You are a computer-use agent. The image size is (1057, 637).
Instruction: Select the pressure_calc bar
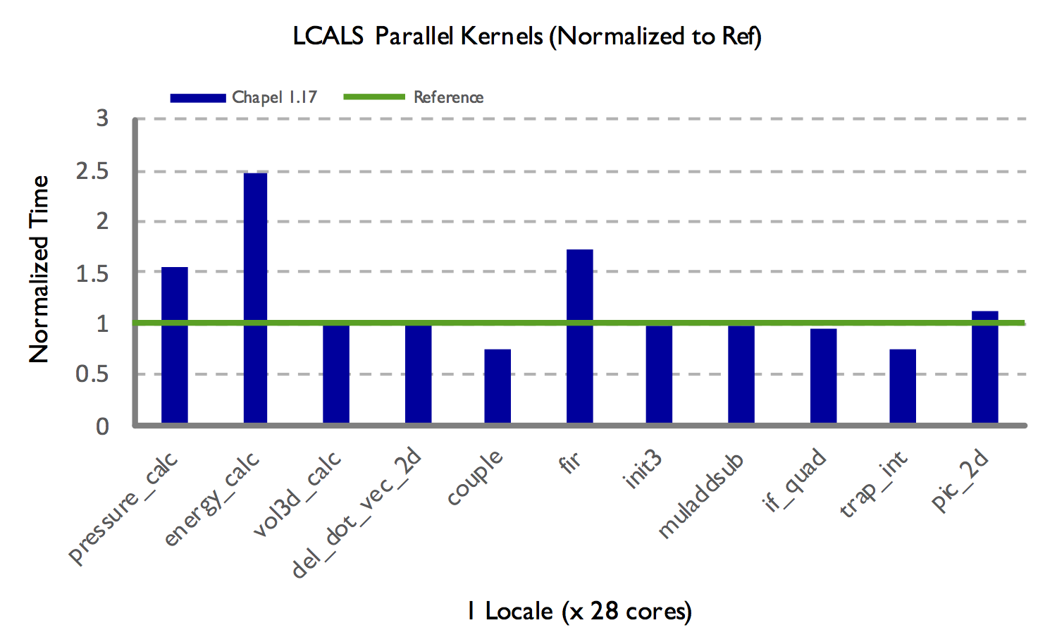click(x=175, y=345)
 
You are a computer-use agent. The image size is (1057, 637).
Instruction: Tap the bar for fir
click(x=579, y=336)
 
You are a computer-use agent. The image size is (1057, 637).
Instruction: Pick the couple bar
click(x=497, y=386)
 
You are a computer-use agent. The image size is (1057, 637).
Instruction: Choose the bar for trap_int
click(x=903, y=386)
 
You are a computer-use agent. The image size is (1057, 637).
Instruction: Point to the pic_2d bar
click(x=984, y=367)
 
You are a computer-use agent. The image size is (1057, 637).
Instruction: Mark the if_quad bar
click(x=823, y=376)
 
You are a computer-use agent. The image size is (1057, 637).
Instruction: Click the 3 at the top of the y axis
click(x=103, y=118)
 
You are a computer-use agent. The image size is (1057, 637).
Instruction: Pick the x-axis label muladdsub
click(x=701, y=496)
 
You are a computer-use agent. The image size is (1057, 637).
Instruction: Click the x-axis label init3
click(x=643, y=470)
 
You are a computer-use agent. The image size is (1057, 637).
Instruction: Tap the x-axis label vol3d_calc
click(x=297, y=493)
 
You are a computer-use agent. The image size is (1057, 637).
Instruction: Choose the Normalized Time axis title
click(x=39, y=269)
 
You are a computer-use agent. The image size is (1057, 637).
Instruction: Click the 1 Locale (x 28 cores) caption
click(x=579, y=611)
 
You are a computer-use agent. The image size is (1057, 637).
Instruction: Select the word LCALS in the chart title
click(x=328, y=36)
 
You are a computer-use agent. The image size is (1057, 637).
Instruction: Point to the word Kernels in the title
click(x=501, y=36)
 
